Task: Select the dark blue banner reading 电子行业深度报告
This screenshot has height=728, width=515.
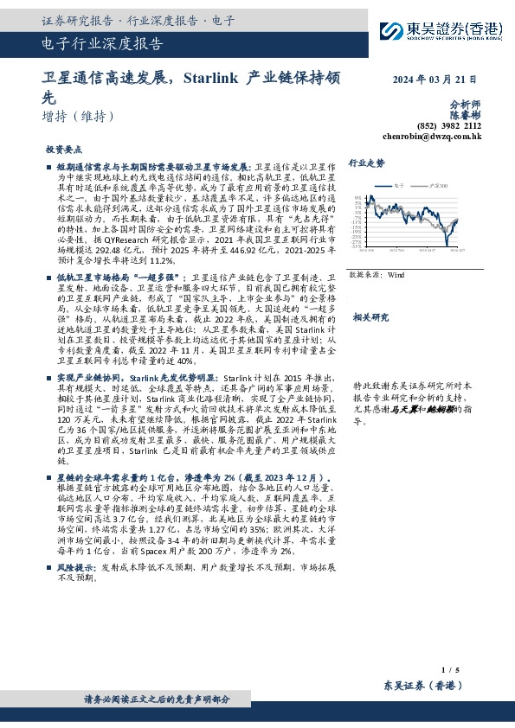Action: point(102,46)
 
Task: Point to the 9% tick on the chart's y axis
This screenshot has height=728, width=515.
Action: point(358,199)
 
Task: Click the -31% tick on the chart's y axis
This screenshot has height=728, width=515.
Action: point(357,246)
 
